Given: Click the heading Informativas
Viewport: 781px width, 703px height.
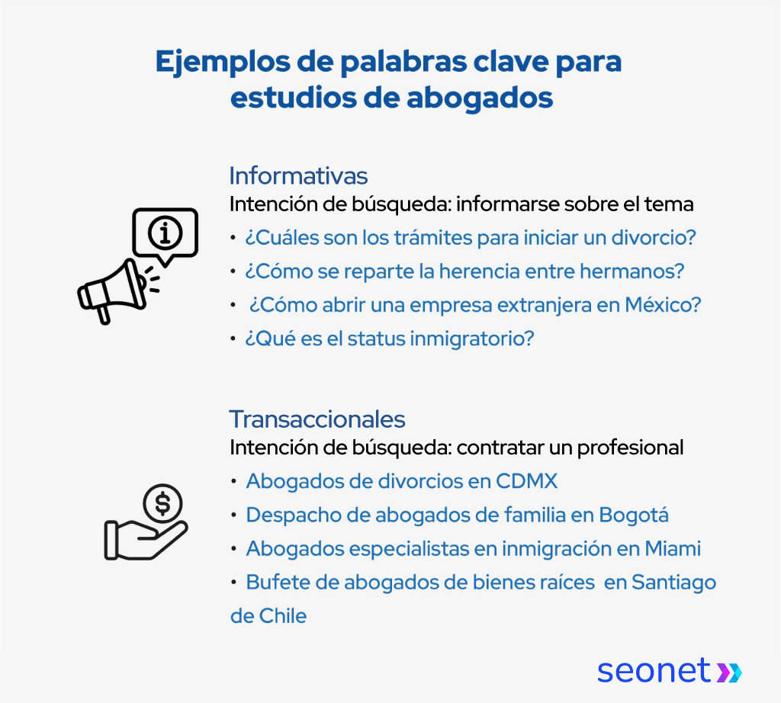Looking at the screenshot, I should click(298, 176).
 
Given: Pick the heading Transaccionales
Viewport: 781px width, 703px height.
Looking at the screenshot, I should click(317, 419).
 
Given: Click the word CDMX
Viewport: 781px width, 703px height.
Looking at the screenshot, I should click(527, 482).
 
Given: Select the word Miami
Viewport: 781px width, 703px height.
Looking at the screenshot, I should click(672, 549).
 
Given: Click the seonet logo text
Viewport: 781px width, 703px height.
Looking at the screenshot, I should click(654, 671).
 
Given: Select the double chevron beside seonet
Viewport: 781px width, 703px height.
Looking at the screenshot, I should click(728, 672).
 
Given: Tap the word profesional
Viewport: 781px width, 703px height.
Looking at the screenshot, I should click(630, 447).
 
